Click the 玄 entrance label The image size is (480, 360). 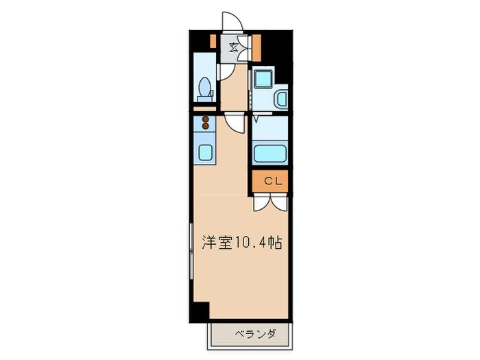coord(234,47)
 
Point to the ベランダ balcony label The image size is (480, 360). coord(255,335)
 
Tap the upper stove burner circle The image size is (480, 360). coord(204,119)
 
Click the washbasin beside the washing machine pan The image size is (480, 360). coord(281,100)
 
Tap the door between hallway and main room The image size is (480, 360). coord(235,123)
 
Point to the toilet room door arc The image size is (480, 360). coord(223,71)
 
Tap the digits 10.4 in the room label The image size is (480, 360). coord(252,243)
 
